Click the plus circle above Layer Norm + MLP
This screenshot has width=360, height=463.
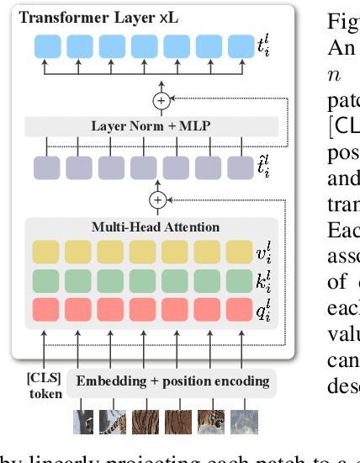click(159, 101)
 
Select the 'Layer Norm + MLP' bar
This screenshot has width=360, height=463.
click(151, 126)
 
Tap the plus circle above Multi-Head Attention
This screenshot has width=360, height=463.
click(157, 200)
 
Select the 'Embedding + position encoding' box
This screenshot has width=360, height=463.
click(172, 381)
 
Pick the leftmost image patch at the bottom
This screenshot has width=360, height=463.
click(84, 421)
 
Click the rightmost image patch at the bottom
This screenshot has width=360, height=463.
click(243, 421)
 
